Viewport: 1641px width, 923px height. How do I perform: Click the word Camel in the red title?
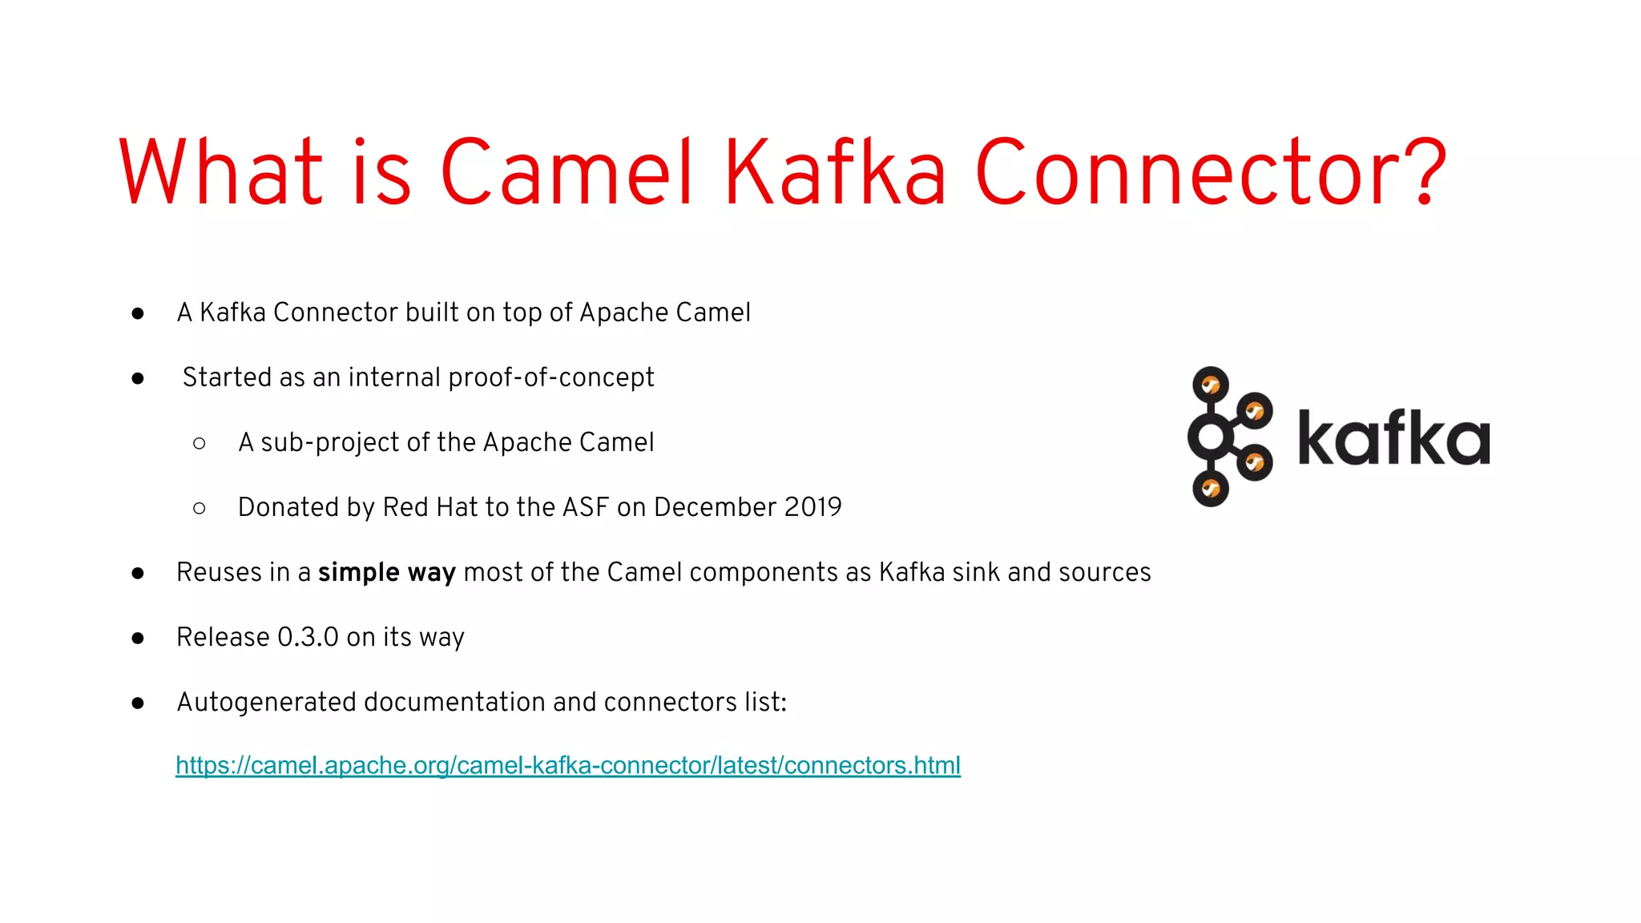(x=566, y=172)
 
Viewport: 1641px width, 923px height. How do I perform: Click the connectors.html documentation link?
(x=567, y=765)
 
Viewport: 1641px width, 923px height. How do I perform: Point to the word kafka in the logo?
(x=1393, y=438)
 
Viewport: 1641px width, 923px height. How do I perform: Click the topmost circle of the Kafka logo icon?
(x=1210, y=385)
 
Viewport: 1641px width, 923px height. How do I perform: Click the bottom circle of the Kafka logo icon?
(x=1210, y=489)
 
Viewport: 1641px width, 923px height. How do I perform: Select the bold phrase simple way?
(x=386, y=572)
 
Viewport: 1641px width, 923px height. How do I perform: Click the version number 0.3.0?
(x=308, y=637)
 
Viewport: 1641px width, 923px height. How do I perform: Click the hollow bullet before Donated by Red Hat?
(x=200, y=508)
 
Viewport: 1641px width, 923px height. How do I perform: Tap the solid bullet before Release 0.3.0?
(x=138, y=638)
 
